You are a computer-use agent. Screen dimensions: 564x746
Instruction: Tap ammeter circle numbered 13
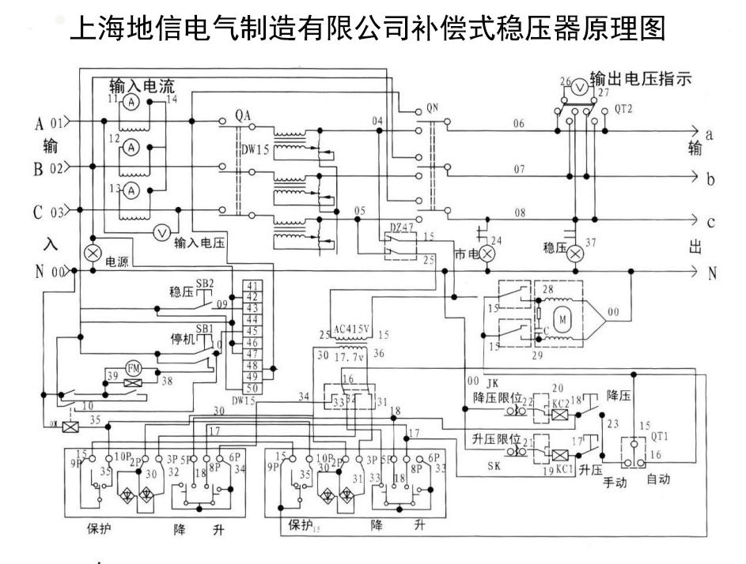pyautogui.click(x=134, y=190)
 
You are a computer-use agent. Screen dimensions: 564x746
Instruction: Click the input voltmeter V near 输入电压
pyautogui.click(x=161, y=231)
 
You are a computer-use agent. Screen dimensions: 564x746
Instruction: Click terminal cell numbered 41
pyautogui.click(x=253, y=286)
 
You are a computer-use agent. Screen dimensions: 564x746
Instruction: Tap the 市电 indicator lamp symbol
pyautogui.click(x=488, y=254)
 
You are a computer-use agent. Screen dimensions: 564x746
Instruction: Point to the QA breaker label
pyautogui.click(x=243, y=115)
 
